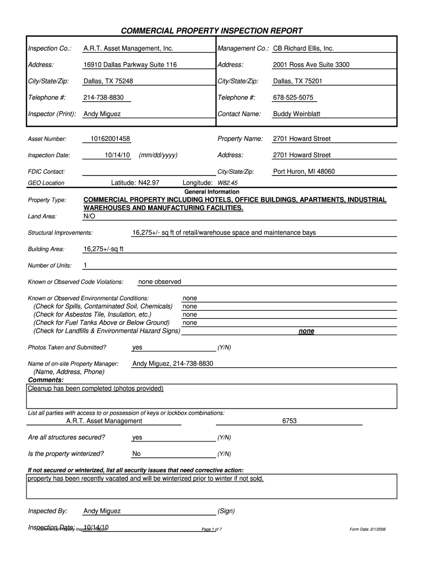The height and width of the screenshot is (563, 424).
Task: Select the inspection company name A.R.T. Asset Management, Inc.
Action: (128, 48)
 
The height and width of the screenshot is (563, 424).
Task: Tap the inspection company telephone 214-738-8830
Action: (104, 97)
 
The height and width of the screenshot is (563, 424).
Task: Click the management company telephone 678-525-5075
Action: (293, 97)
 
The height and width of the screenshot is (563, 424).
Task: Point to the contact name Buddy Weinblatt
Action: (296, 114)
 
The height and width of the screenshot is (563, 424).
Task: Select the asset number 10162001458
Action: (111, 139)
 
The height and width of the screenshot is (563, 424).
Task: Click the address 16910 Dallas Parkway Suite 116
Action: (130, 65)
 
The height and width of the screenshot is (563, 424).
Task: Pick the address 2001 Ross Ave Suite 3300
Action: (311, 65)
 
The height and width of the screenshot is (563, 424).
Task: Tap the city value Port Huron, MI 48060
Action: (304, 172)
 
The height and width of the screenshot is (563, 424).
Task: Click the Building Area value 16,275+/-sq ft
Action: (104, 249)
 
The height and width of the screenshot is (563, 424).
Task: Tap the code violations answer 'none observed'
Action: (160, 281)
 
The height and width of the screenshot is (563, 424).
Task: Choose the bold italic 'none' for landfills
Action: (306, 331)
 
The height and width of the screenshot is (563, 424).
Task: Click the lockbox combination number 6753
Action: (289, 421)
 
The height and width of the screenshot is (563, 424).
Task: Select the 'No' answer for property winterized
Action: (137, 454)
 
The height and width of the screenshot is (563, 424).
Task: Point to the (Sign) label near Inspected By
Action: (226, 511)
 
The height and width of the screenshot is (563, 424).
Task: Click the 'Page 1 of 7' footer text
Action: (212, 529)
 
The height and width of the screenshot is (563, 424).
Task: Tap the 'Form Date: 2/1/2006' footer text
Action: (368, 529)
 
